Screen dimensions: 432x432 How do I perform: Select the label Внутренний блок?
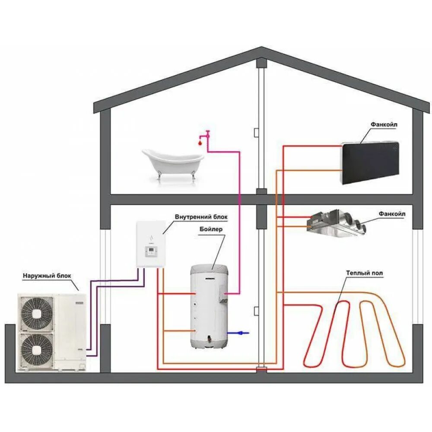point(200,216)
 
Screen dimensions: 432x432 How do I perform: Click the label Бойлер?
point(211,229)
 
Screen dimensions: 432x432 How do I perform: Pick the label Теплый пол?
point(364,273)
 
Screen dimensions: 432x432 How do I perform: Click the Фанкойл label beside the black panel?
point(384,124)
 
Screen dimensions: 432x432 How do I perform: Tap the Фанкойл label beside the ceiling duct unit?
point(392,213)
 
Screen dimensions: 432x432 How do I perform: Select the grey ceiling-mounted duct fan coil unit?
point(337,223)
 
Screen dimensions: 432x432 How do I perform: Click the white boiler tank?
point(210,307)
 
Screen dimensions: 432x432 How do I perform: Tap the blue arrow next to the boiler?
point(239,333)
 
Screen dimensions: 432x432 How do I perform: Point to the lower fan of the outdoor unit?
point(37,349)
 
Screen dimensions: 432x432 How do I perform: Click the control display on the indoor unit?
point(150,251)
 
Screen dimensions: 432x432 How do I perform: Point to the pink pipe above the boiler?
point(238,216)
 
